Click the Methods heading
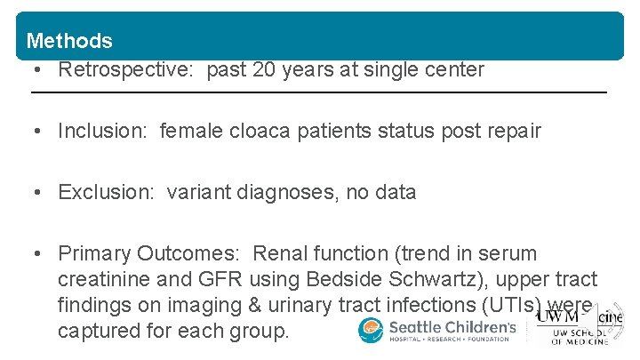tap(69, 41)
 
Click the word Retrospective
tap(126, 70)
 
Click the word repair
tap(510, 132)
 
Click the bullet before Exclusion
tap(37, 192)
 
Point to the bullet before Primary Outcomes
tap(37, 254)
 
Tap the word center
tap(452, 70)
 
